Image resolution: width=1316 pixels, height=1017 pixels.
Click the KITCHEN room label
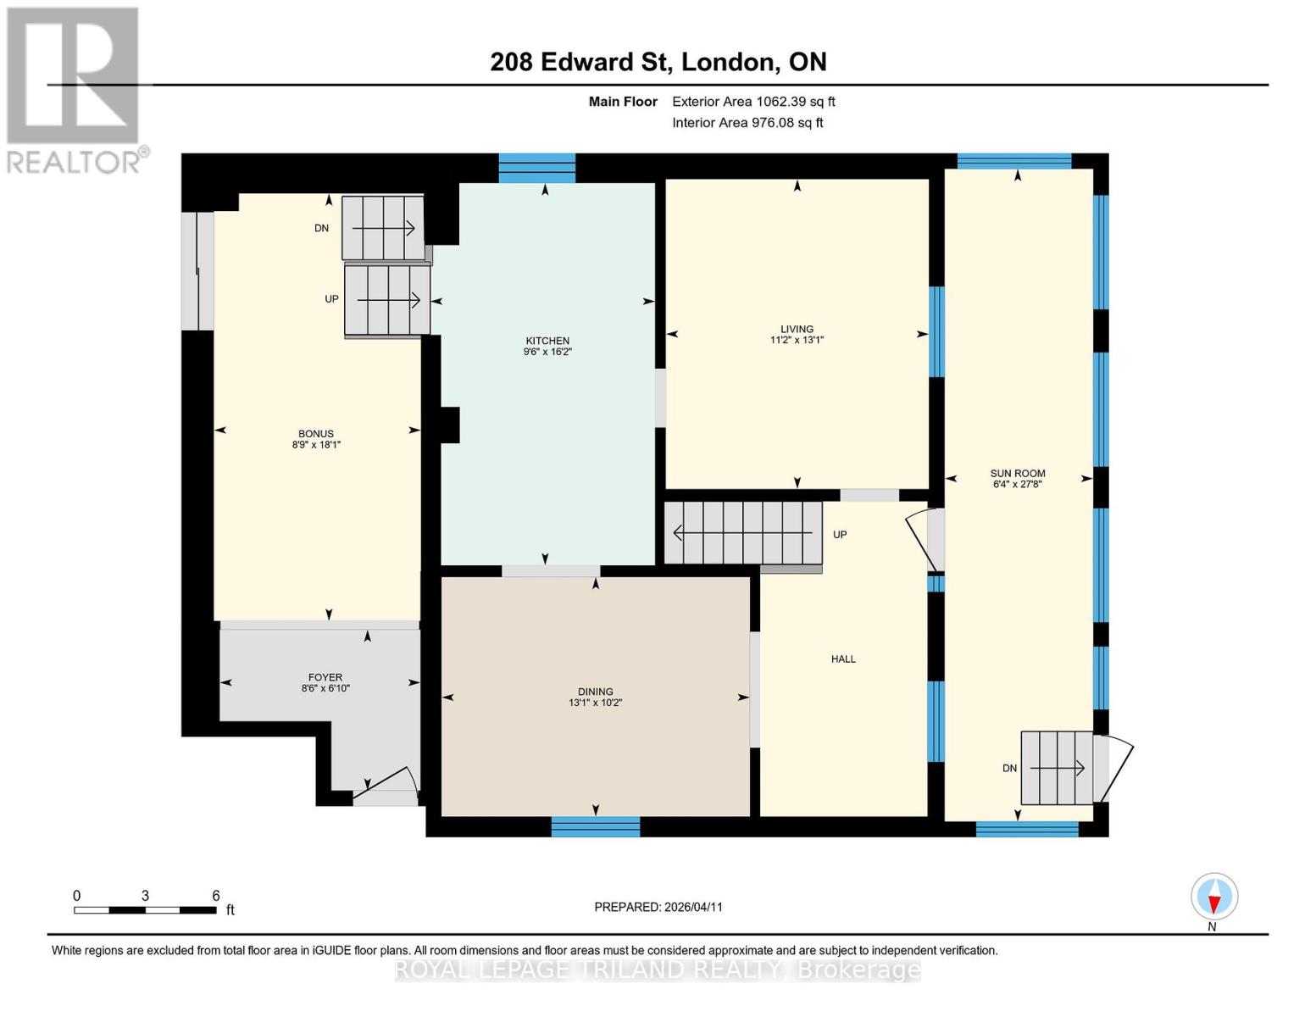point(547,341)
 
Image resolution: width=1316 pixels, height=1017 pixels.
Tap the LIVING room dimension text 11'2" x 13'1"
point(797,340)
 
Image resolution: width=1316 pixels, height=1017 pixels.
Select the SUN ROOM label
point(1018,473)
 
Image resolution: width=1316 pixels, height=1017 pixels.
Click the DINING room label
point(596,692)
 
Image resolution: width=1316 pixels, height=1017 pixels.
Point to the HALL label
point(843,659)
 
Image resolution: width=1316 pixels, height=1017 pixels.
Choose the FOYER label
point(325,677)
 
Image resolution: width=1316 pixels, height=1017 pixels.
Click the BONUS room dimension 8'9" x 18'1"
point(316,444)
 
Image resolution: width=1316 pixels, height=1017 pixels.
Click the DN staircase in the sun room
point(1056,768)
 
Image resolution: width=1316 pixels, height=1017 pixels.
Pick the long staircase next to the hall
point(743,533)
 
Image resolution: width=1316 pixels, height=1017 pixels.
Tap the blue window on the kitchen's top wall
point(536,168)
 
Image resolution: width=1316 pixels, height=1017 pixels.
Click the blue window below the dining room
point(596,826)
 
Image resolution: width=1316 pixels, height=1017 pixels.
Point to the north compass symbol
point(1213,897)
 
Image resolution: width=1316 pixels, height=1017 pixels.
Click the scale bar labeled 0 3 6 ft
point(145,909)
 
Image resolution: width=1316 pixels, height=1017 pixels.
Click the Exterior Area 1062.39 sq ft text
point(753,102)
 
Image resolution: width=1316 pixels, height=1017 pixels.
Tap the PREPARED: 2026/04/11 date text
point(658,907)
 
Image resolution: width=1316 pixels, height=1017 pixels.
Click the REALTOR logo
point(75,89)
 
